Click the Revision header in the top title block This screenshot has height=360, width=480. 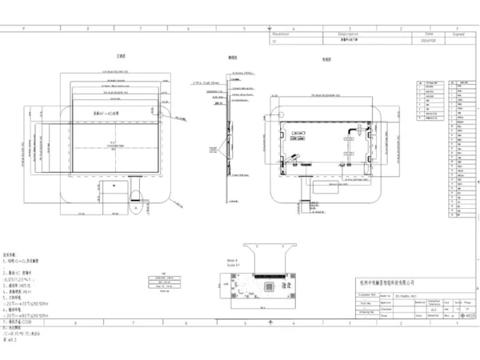[x=280, y=35]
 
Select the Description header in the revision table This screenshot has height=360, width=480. [x=338, y=35]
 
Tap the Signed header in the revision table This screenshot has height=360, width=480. [x=458, y=35]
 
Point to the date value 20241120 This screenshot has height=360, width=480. [x=427, y=41]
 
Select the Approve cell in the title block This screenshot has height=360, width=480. [x=390, y=303]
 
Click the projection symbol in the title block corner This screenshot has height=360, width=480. [x=466, y=317]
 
